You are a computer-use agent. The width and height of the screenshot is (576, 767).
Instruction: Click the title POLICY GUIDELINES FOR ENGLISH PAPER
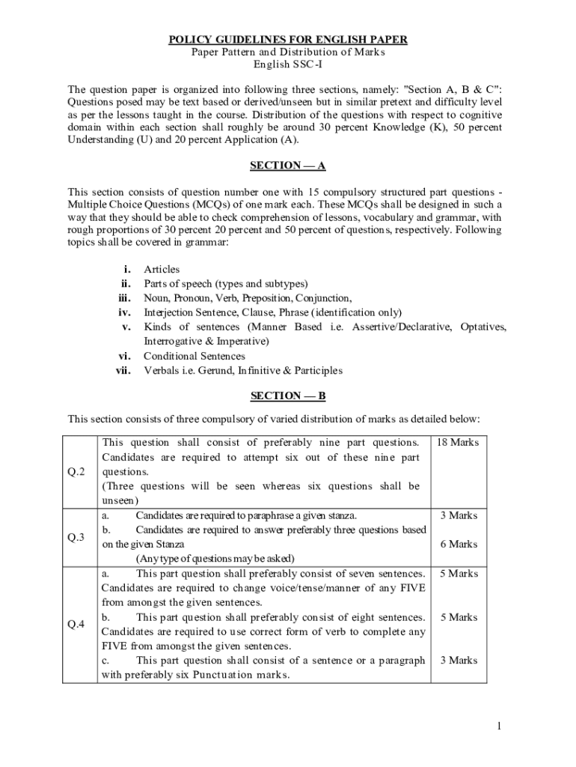point(288,39)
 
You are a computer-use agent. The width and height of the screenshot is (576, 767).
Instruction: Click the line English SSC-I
point(288,66)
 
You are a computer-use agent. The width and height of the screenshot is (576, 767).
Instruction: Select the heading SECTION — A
point(288,166)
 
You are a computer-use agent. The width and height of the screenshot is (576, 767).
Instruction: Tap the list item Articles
point(162,270)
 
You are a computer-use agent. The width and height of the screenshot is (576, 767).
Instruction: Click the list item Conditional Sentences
point(194,356)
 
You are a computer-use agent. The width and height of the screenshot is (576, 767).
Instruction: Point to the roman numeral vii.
point(124,370)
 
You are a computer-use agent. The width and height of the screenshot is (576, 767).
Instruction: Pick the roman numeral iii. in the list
point(125,298)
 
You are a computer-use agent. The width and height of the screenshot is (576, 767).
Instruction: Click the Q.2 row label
point(78,471)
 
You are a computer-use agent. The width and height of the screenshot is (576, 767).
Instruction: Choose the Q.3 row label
point(78,537)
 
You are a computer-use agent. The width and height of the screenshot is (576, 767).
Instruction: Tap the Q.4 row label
point(78,624)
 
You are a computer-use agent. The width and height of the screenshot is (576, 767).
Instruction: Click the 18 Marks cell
point(458,443)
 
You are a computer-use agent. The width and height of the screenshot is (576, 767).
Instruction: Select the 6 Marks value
point(459,545)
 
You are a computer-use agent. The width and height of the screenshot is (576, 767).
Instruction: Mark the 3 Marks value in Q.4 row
point(459,661)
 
